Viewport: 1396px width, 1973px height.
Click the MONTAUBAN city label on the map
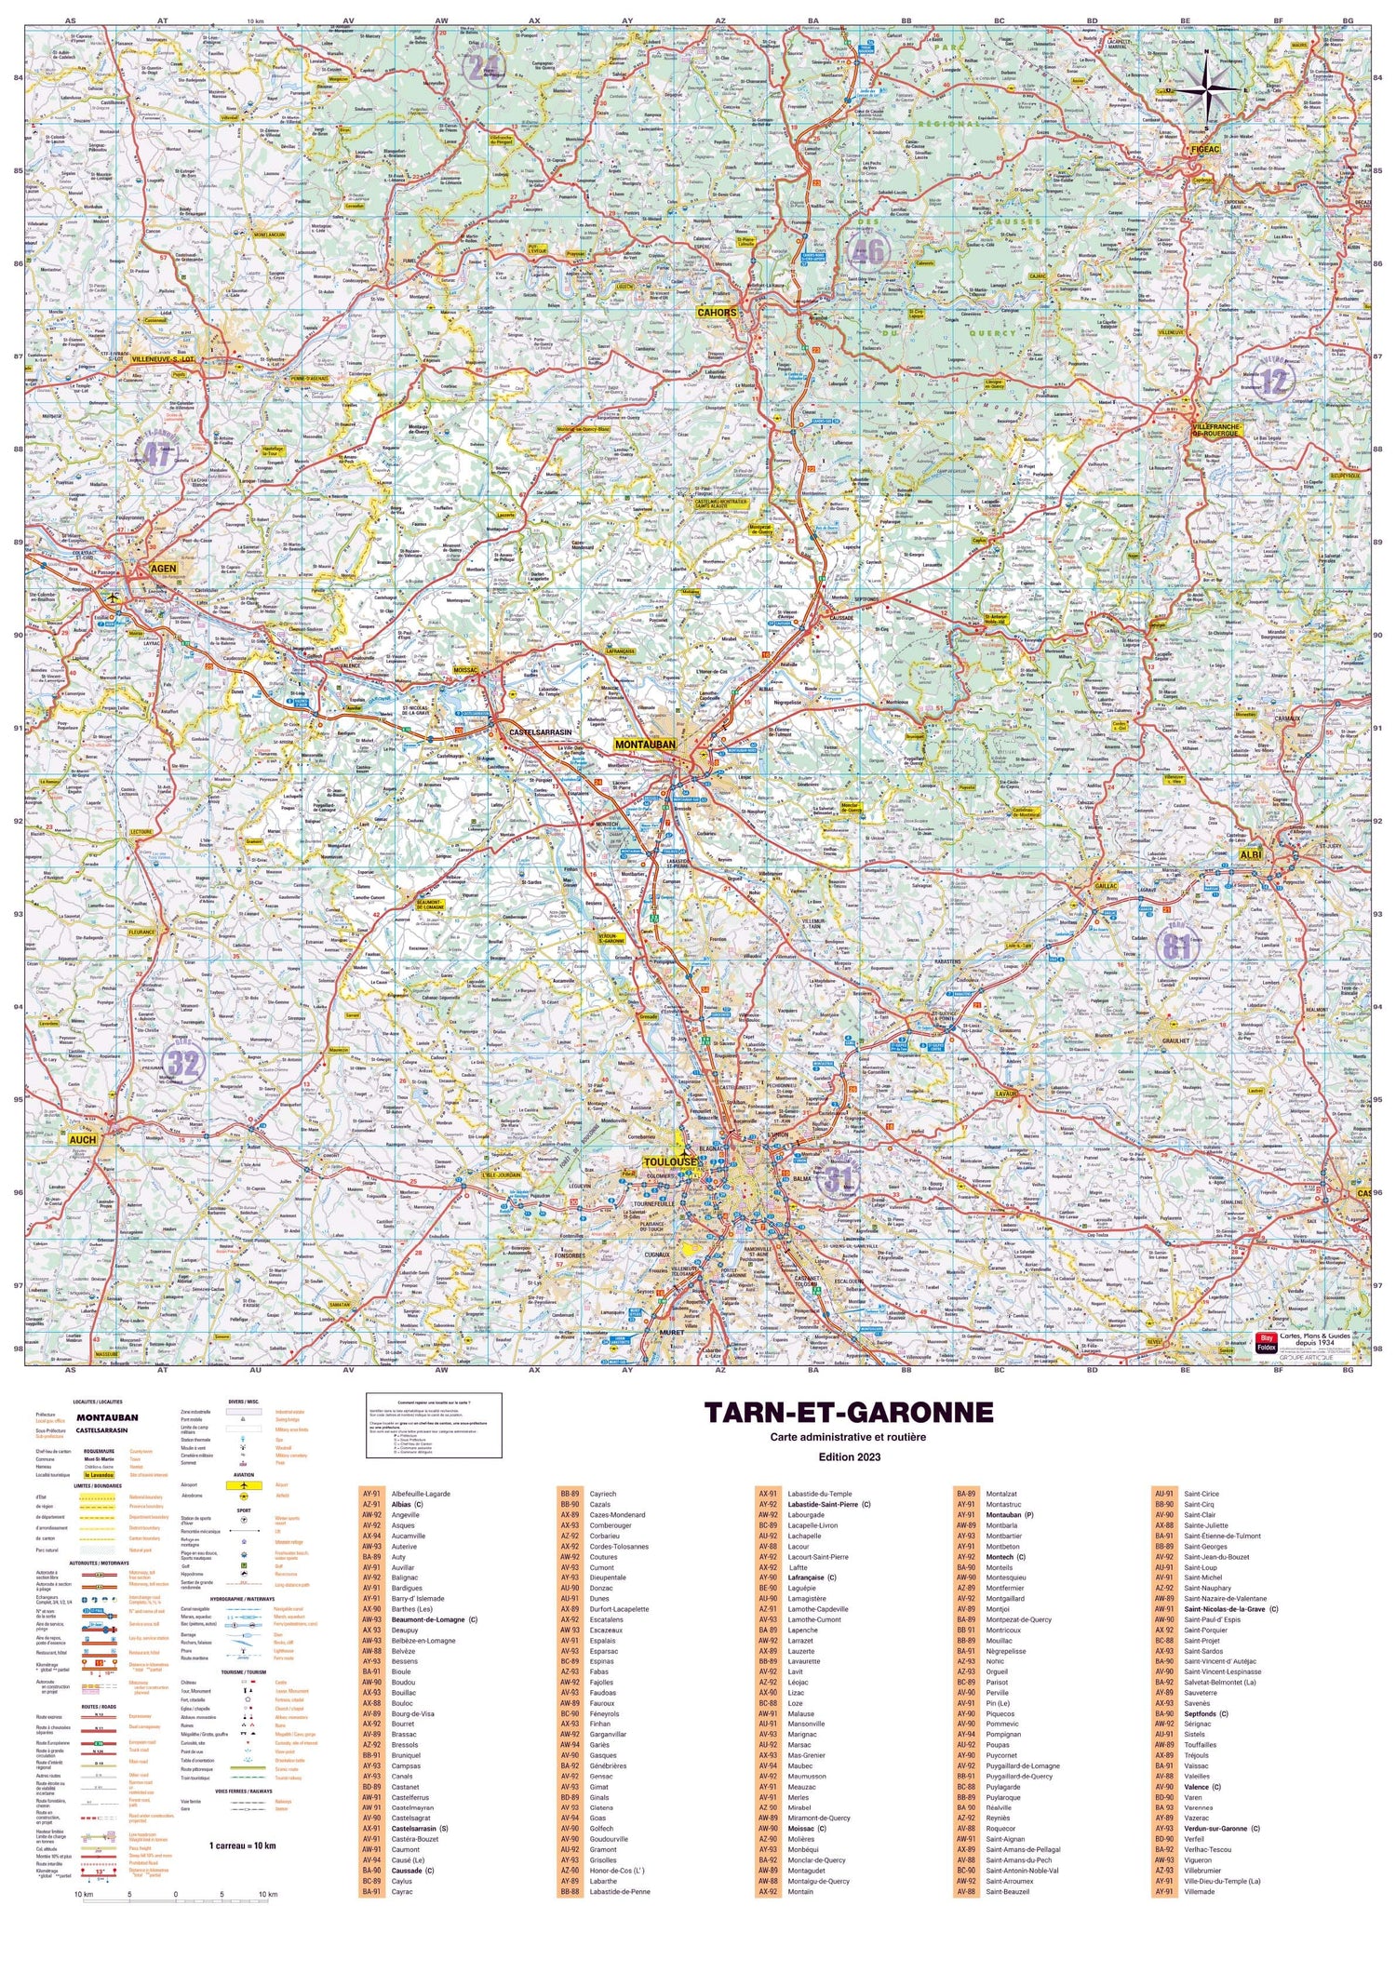pyautogui.click(x=645, y=745)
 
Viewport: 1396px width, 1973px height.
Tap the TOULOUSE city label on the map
pyautogui.click(x=670, y=1162)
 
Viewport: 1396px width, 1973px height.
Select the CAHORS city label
pyautogui.click(x=717, y=313)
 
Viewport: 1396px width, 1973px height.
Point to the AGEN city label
pyautogui.click(x=163, y=568)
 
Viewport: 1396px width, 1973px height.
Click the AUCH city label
pyautogui.click(x=82, y=1139)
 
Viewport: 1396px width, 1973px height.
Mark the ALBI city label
pyautogui.click(x=1250, y=854)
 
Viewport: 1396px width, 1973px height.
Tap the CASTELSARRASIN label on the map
pyautogui.click(x=540, y=732)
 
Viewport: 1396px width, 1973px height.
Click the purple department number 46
pyautogui.click(x=867, y=251)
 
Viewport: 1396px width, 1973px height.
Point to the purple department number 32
pyautogui.click(x=184, y=1063)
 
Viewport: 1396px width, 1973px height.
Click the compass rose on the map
pyautogui.click(x=1207, y=88)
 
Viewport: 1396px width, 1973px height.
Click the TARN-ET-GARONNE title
pyautogui.click(x=848, y=1413)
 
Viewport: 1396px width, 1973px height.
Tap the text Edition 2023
pyautogui.click(x=848, y=1456)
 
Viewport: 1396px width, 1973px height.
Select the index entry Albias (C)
pyautogui.click(x=407, y=1504)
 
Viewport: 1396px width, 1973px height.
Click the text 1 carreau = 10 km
pyautogui.click(x=242, y=1845)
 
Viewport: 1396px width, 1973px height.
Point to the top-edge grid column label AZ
pyautogui.click(x=720, y=20)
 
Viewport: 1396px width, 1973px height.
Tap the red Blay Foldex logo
pyautogui.click(x=1266, y=1342)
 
